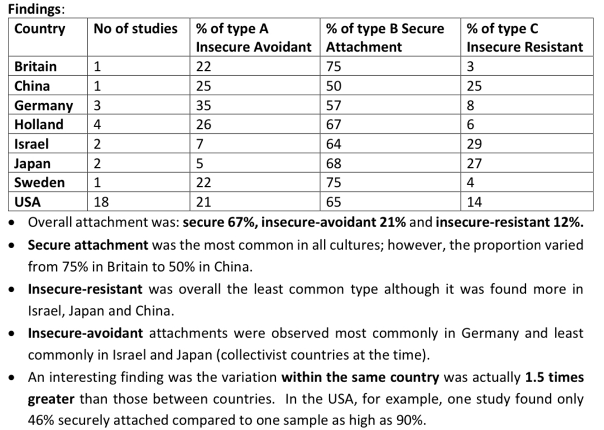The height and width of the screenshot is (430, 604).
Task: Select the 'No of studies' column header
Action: click(x=135, y=28)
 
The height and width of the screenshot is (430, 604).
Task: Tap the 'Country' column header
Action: click(x=40, y=28)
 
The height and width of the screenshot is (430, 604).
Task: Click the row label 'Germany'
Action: click(x=44, y=105)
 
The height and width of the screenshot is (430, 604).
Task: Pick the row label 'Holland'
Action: click(x=39, y=124)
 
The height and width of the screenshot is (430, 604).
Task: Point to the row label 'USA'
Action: click(x=28, y=201)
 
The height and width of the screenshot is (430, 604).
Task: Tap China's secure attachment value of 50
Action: click(x=333, y=86)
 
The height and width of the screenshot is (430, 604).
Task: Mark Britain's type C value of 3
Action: click(x=470, y=66)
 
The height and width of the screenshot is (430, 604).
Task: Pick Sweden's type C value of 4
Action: click(x=470, y=182)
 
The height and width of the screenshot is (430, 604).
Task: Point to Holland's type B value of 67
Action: click(x=333, y=124)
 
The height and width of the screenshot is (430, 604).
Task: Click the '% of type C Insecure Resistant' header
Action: click(x=524, y=37)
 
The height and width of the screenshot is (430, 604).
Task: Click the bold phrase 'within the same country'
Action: click(x=360, y=378)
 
